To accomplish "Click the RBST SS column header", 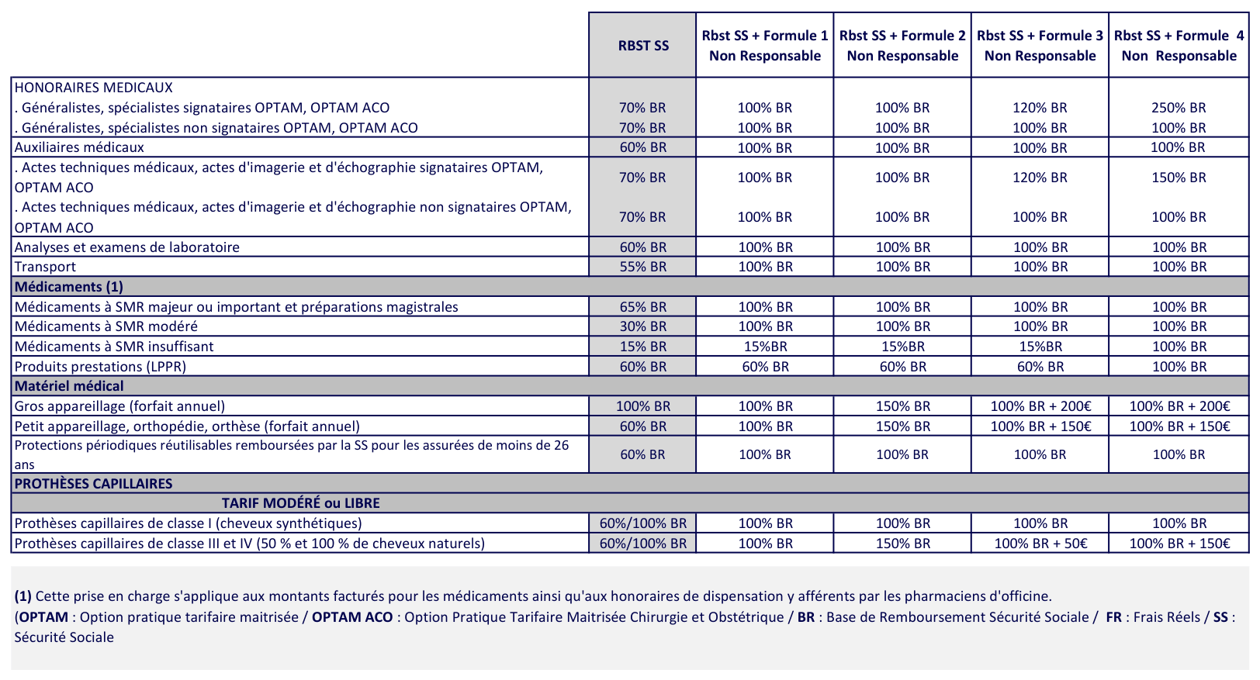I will tap(642, 46).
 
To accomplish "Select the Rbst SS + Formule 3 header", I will tap(1040, 46).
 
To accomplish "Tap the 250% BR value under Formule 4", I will tap(1179, 108).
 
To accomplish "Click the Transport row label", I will tap(46, 267).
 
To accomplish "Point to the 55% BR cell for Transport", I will tap(642, 267).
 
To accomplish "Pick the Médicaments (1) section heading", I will tap(69, 287).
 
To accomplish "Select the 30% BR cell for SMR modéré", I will tap(642, 326).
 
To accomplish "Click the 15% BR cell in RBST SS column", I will tap(642, 347).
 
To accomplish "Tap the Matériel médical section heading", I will tap(69, 386).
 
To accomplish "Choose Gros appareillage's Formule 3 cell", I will tap(1040, 406).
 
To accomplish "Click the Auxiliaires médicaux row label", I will tap(79, 147).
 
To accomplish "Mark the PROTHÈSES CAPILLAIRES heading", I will tap(93, 484).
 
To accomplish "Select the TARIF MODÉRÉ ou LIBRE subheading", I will tap(300, 503).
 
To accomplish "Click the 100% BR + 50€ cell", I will tap(1040, 544).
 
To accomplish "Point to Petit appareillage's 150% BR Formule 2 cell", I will tap(902, 426).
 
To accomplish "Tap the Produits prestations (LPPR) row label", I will tap(100, 367).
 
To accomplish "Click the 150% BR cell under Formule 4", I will tap(1179, 178).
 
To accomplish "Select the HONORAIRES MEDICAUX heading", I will tap(93, 88).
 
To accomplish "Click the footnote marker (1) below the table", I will tap(22, 596).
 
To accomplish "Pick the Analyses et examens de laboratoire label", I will tap(127, 247).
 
